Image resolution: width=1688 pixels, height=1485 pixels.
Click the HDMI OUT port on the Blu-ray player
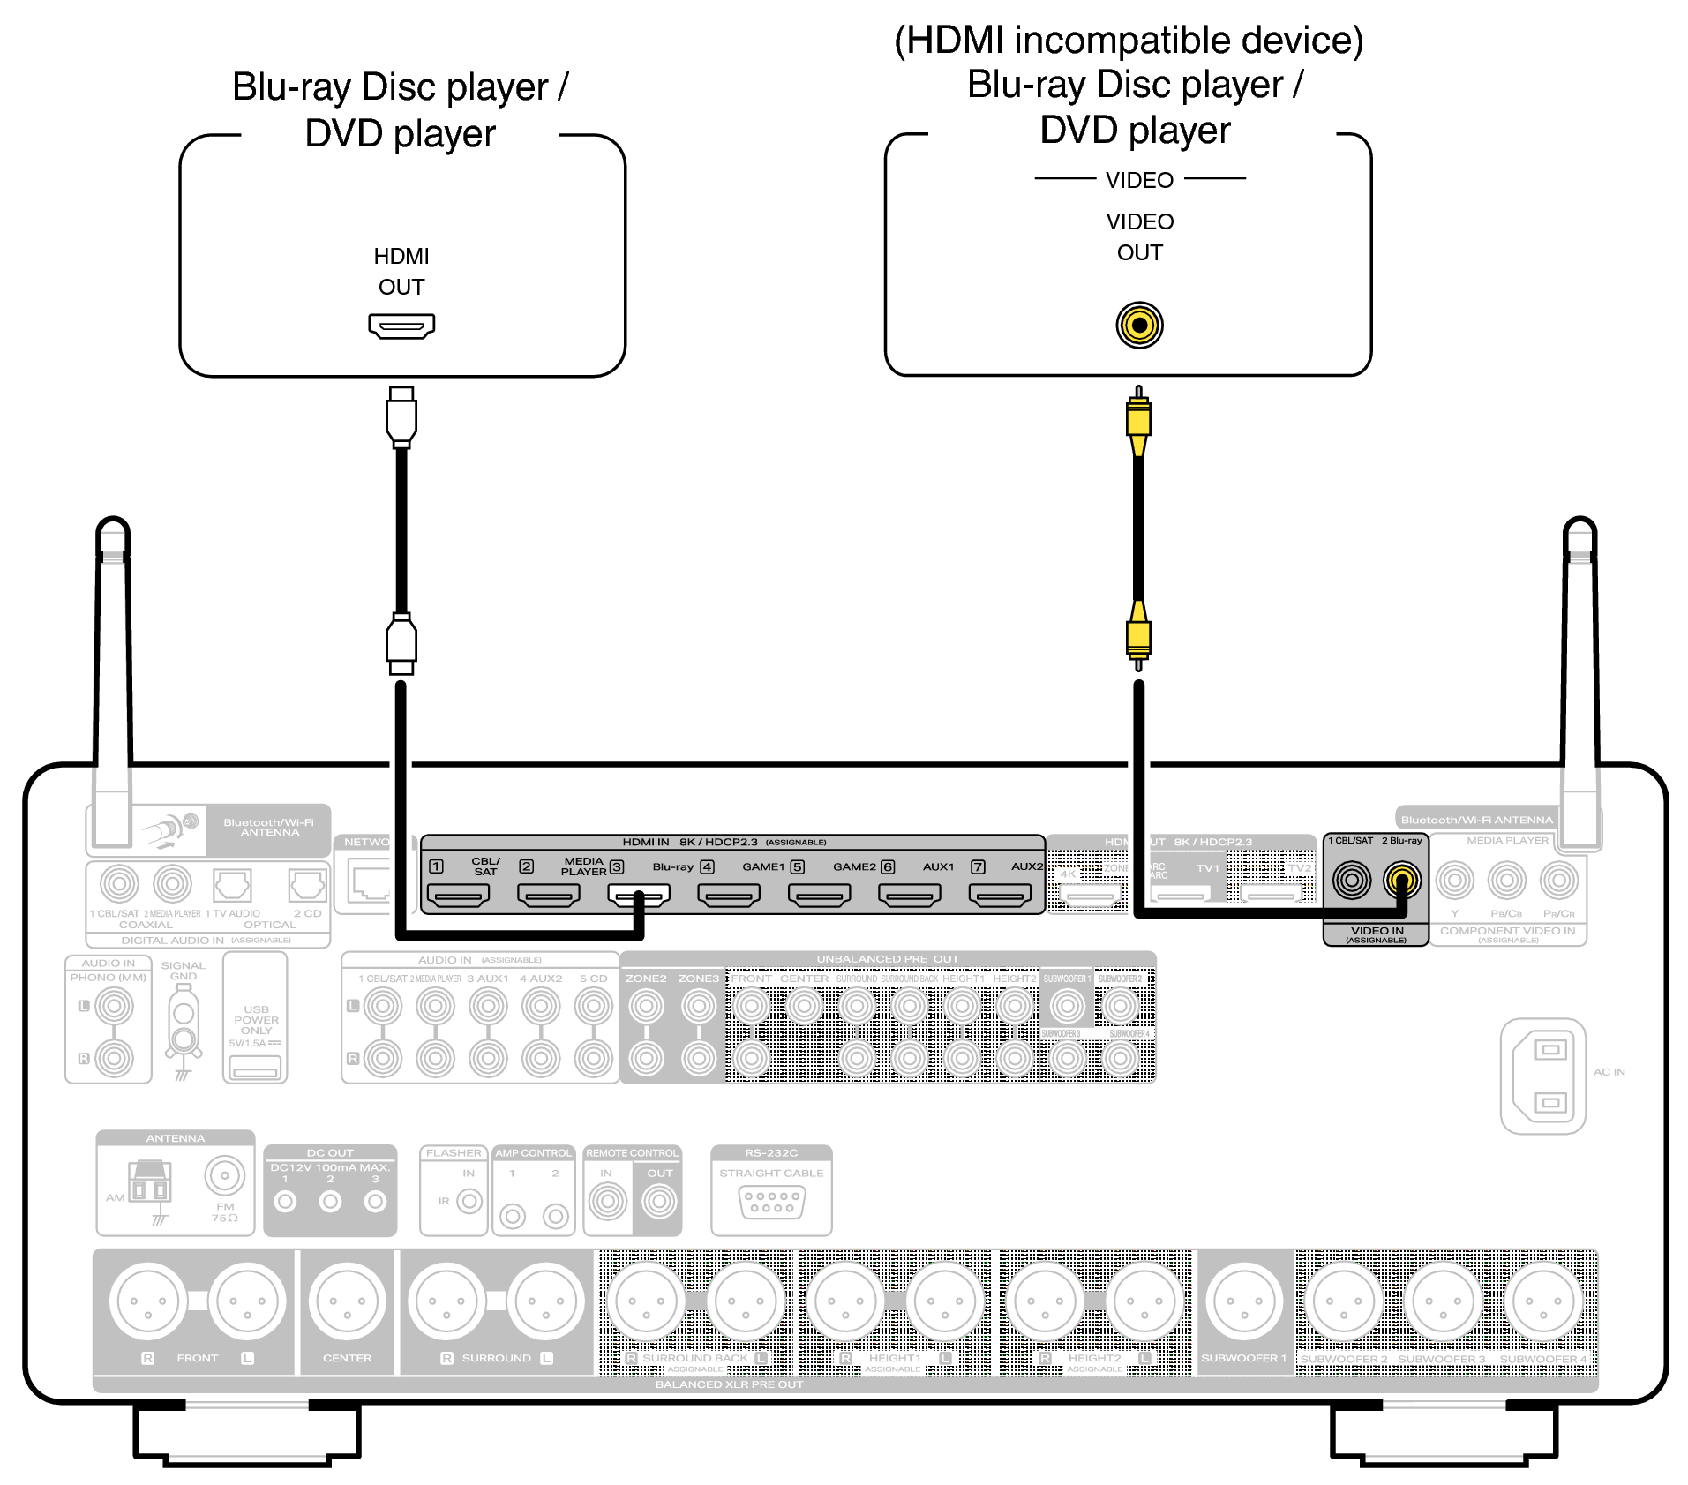tap(401, 326)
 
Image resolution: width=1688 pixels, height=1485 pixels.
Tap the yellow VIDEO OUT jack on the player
tap(1139, 325)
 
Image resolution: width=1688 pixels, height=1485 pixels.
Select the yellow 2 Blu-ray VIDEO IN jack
tap(1402, 880)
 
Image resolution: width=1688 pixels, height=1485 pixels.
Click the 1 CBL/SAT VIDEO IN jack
tap(1351, 880)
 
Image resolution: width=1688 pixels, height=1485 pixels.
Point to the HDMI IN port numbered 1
tap(458, 896)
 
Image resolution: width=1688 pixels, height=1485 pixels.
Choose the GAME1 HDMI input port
tap(819, 896)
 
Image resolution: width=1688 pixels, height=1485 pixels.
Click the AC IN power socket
tap(1543, 1076)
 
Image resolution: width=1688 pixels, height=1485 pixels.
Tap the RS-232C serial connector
tap(772, 1203)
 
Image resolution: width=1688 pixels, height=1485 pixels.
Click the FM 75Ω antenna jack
tap(224, 1175)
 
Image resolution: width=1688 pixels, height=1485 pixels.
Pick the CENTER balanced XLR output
tap(348, 1301)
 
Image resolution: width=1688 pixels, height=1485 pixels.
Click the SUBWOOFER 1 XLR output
tap(1244, 1301)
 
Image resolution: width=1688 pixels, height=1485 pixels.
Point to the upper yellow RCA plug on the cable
tap(1138, 419)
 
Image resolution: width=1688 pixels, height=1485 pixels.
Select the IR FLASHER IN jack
tap(469, 1201)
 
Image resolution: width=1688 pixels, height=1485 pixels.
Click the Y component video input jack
tap(1455, 880)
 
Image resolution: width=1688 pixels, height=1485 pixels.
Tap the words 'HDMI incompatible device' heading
tap(1129, 41)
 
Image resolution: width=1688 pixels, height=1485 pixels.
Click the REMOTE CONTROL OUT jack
tap(659, 1201)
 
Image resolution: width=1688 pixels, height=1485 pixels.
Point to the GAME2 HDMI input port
tap(910, 896)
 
